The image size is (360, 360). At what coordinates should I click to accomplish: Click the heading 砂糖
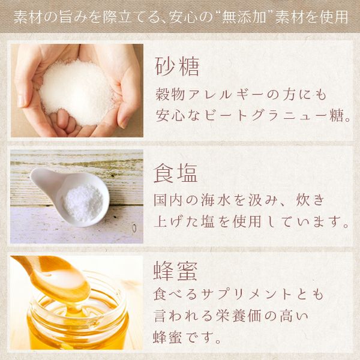177,67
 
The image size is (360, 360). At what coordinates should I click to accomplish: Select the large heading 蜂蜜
175,271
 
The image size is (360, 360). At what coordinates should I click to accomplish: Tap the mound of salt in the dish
84,202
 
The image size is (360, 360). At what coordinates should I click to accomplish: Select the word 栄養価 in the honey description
238,316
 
